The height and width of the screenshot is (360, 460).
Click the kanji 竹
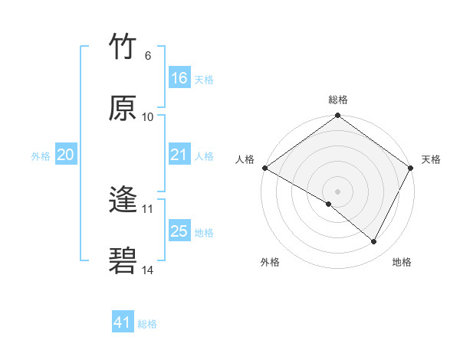pos(123,47)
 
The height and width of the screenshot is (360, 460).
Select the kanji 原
pos(123,108)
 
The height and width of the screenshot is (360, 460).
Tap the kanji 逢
pos(123,200)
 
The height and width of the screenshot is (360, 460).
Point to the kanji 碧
pos(123,261)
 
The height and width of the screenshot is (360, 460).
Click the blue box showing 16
pos(179,77)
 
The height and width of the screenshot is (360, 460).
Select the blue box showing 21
pos(179,155)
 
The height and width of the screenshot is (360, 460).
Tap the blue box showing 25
pos(179,231)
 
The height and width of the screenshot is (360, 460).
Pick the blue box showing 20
pos(66,155)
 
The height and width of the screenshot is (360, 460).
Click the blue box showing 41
pos(123,322)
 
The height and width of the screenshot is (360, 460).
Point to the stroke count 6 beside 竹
pos(148,56)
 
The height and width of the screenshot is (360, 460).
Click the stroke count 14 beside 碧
pos(148,270)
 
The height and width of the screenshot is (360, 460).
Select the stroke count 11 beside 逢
pos(148,208)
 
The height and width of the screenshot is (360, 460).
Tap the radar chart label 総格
pos(338,100)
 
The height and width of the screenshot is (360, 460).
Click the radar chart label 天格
pos(431,159)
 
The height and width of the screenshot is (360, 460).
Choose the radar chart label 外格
pos(270,262)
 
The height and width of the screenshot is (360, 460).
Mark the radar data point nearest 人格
pos(264,168)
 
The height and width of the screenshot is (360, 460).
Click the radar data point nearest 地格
pos(374,241)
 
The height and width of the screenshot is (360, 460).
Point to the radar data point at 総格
pos(338,116)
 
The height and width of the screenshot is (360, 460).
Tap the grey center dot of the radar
pos(338,191)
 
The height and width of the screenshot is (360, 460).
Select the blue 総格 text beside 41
pos(147,324)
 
